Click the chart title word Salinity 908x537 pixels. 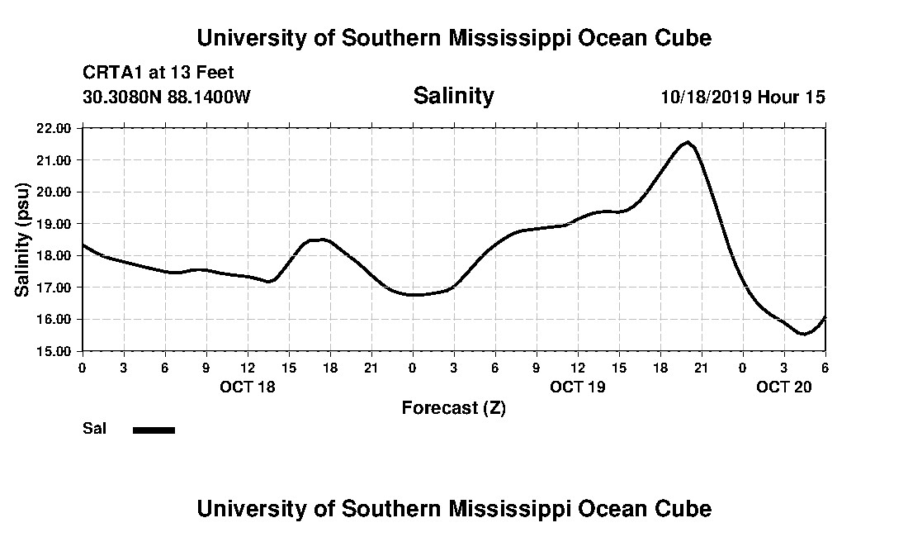453,96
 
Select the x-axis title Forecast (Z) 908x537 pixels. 453,407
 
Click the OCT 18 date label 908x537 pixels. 247,387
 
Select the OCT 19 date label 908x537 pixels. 577,387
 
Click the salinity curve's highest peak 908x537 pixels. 688,142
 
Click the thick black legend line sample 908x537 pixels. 154,430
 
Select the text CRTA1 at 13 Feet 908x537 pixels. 158,73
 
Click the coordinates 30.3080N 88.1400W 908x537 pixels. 167,97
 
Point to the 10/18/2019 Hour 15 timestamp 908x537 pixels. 743,97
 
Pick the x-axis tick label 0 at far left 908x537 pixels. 82,368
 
